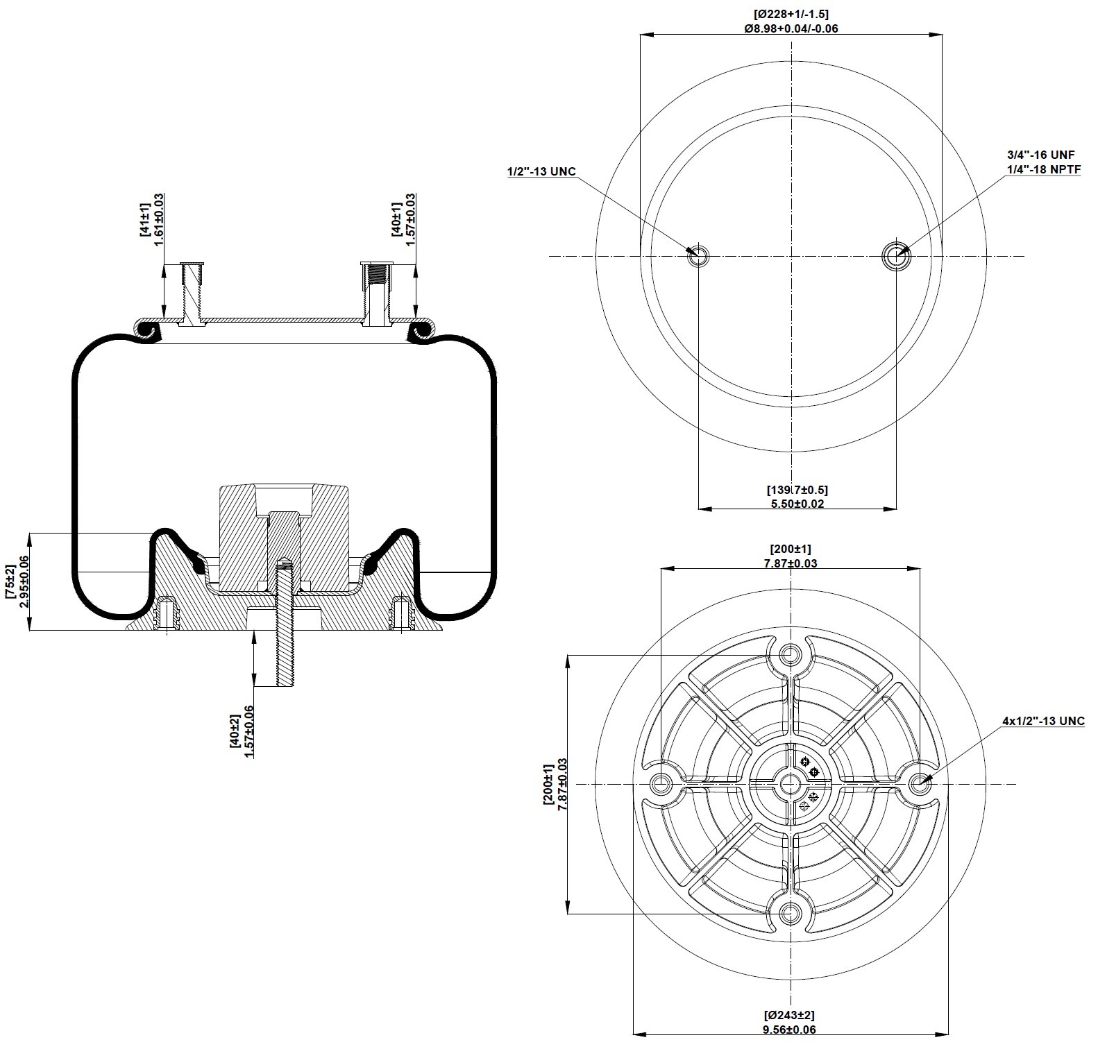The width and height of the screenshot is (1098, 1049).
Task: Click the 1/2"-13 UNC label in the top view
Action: (x=541, y=171)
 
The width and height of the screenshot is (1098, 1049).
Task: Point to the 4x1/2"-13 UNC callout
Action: (x=1043, y=721)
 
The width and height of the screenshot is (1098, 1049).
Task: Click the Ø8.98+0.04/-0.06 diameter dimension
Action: (x=791, y=28)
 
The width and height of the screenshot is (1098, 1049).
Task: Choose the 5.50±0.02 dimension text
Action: (x=797, y=504)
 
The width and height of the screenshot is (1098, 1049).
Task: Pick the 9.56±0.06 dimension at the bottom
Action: (x=791, y=1030)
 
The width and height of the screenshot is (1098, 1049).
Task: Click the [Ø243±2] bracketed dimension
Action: (x=790, y=1016)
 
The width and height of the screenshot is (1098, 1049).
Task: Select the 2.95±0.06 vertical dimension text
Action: (x=25, y=581)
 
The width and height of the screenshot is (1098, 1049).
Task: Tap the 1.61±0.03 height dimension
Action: (x=158, y=216)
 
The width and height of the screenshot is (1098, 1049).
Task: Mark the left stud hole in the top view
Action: (x=698, y=257)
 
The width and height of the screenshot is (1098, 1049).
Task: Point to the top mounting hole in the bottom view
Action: (x=789, y=654)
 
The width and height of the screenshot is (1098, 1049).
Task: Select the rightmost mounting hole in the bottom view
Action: (x=920, y=784)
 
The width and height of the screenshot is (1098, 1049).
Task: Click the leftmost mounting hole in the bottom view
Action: (x=660, y=785)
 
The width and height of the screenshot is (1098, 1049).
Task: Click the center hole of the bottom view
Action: (x=790, y=785)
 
